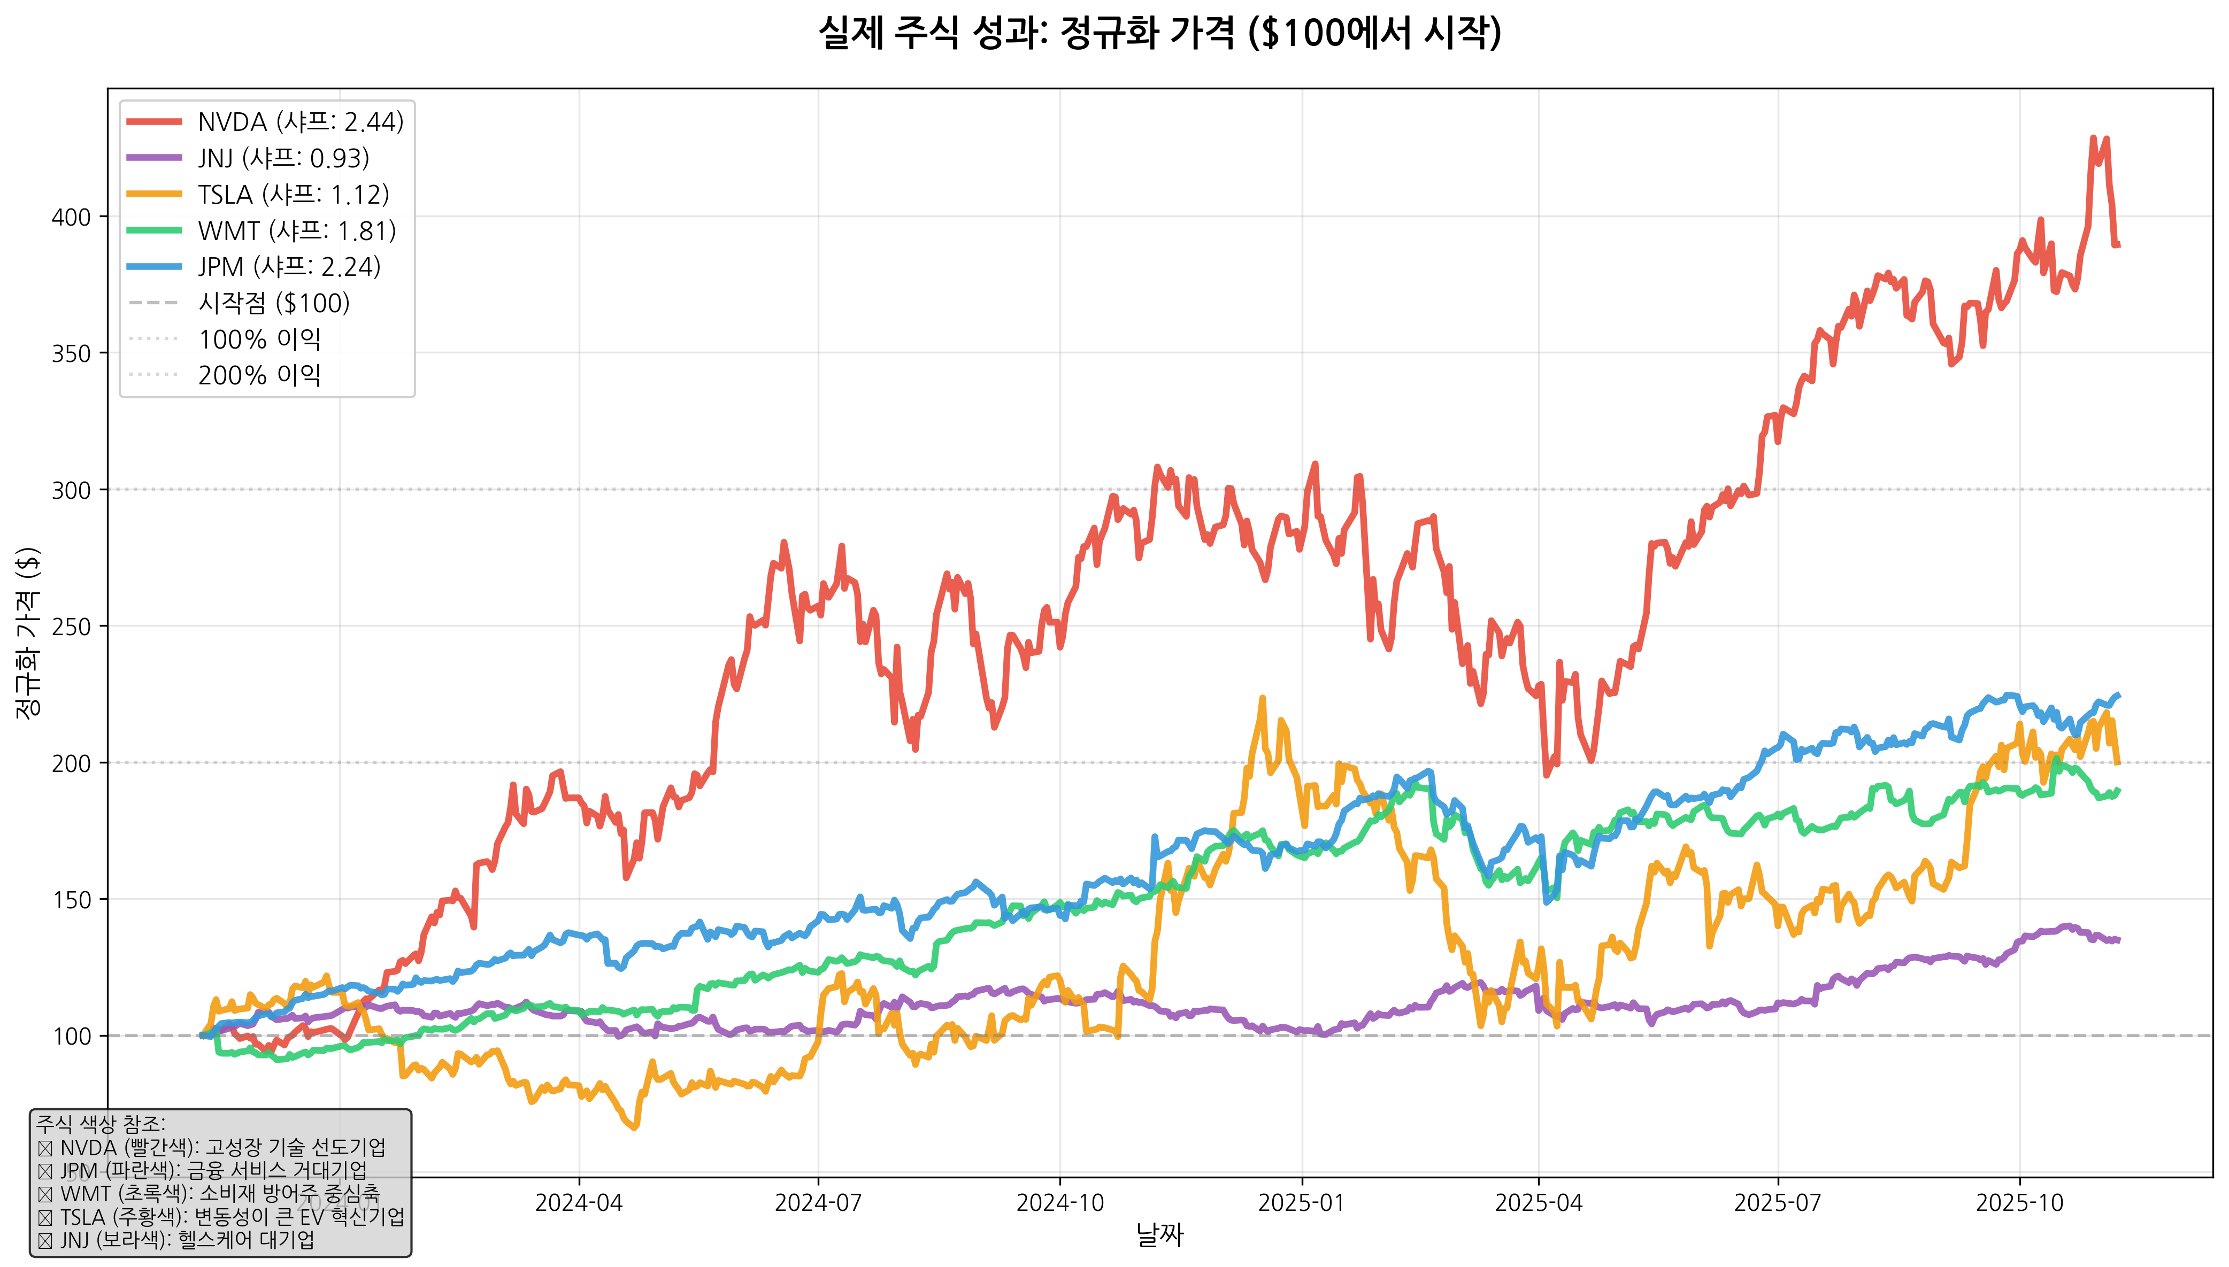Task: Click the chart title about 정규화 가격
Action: pyautogui.click(x=1159, y=33)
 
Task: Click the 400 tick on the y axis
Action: pyautogui.click(x=71, y=217)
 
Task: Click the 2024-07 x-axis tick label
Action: pyautogui.click(x=818, y=1203)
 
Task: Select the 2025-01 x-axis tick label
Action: pyautogui.click(x=1301, y=1203)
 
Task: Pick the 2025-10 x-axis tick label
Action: pyautogui.click(x=2019, y=1203)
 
